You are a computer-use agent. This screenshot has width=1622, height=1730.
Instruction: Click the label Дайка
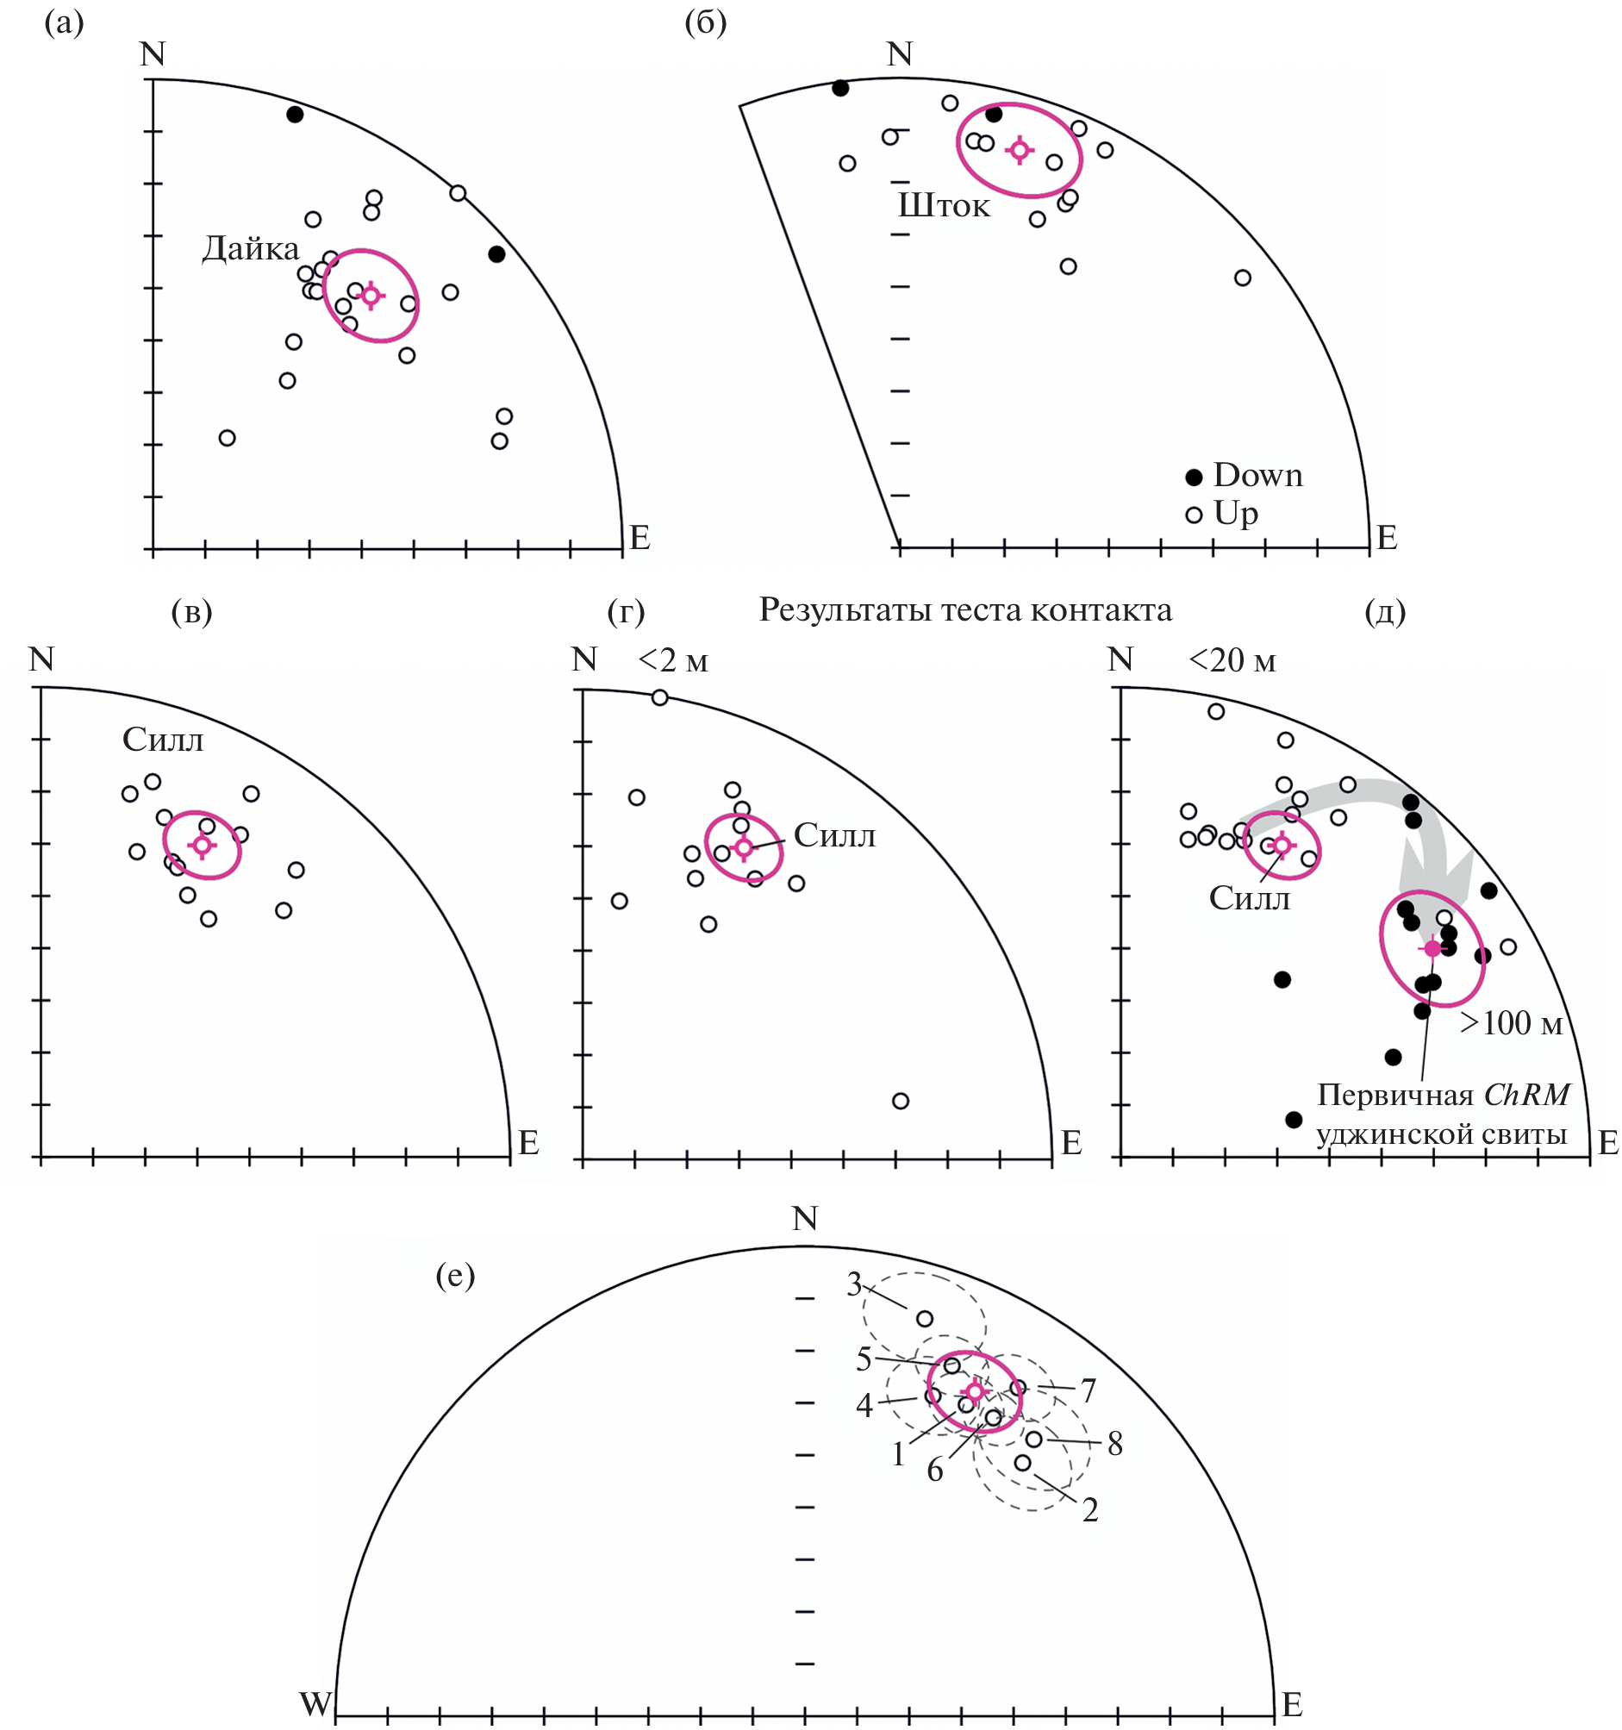(x=251, y=249)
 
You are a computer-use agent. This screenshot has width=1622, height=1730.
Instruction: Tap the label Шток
(x=944, y=205)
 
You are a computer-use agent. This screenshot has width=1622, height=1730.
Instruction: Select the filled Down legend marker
(x=1195, y=477)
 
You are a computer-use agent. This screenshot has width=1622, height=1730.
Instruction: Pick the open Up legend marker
(x=1195, y=515)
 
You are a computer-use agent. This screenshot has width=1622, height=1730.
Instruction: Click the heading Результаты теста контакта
(x=965, y=610)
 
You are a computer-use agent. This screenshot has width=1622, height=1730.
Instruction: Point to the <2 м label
(x=673, y=661)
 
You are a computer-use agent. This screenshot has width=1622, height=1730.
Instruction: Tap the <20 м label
(x=1232, y=661)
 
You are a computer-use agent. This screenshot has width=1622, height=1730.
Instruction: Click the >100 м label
(x=1512, y=1023)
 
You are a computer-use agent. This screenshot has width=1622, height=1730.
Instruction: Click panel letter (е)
(x=455, y=1276)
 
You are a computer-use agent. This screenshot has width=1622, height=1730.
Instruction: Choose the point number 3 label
(x=853, y=1284)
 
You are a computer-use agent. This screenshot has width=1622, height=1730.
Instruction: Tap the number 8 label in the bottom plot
(x=1114, y=1445)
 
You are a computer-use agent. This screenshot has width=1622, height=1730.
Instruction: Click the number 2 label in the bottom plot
(x=1090, y=1511)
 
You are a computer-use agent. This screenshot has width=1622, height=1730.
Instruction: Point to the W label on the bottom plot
(x=316, y=1704)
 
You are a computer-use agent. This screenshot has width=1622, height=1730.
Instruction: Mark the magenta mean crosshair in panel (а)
(x=371, y=296)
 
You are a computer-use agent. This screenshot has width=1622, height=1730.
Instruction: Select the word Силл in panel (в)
(x=163, y=740)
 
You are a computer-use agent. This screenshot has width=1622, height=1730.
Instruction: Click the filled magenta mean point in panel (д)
(x=1432, y=948)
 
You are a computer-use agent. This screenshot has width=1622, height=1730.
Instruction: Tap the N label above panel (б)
(x=900, y=54)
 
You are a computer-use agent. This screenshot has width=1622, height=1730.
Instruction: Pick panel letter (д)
(x=1385, y=613)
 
